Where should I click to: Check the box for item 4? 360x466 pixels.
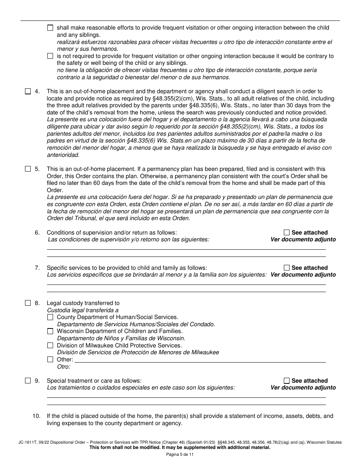pos(28,91)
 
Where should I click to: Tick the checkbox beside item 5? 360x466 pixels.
pos(28,169)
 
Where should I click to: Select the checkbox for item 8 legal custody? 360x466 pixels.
pos(28,303)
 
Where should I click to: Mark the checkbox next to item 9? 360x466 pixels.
pos(28,381)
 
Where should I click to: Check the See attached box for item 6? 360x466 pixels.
pos(286,233)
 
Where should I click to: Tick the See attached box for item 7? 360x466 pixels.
pos(286,268)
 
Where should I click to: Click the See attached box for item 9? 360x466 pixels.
pos(286,381)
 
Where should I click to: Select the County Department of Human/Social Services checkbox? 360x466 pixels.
pos(50,317)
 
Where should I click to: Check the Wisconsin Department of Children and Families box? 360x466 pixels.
pos(50,331)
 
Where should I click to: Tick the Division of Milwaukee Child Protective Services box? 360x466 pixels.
pos(50,346)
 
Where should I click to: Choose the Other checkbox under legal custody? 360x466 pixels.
pos(50,360)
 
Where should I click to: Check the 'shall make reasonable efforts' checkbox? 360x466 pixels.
pos(50,28)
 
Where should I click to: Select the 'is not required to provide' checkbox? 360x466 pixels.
pos(50,56)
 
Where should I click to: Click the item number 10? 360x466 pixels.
pos(36,416)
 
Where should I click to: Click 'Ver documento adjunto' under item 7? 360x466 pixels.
pos(303,275)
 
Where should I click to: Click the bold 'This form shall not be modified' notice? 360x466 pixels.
pos(180,447)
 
